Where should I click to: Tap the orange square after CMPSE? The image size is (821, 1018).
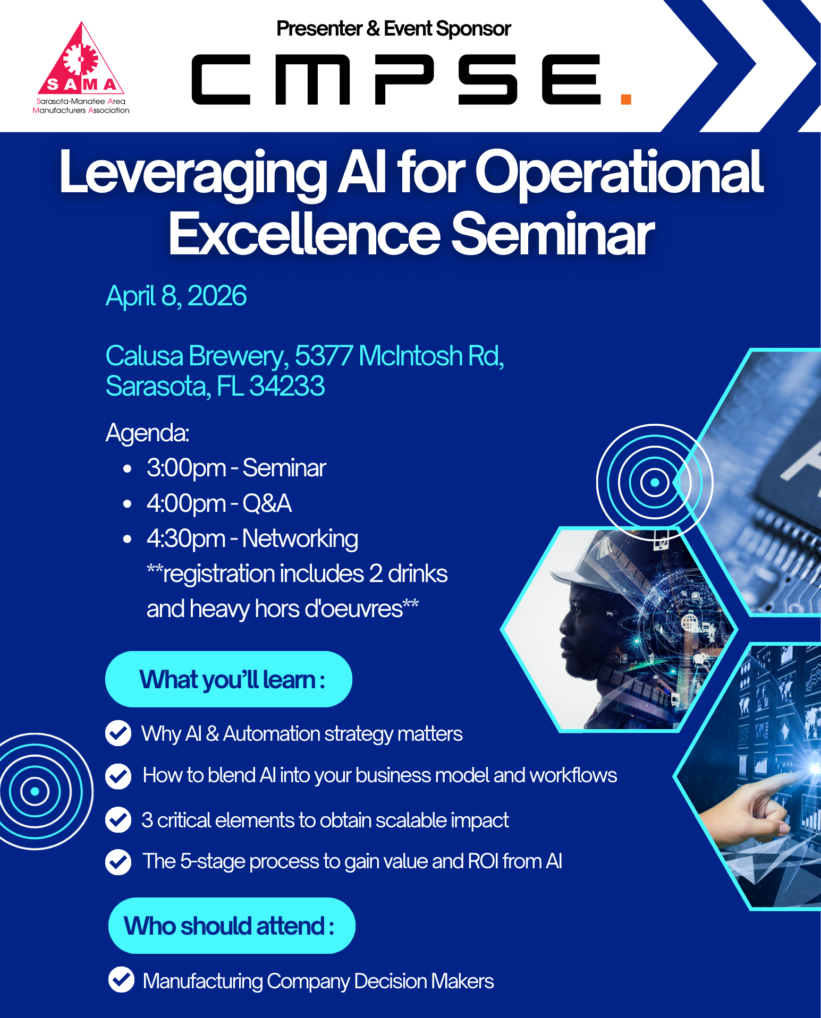point(625,99)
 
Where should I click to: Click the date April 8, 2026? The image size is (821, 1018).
point(176,296)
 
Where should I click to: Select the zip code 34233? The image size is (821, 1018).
point(287,386)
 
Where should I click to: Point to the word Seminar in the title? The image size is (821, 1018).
point(553,234)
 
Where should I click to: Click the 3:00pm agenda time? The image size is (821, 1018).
point(187,468)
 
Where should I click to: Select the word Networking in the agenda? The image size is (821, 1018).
point(300,538)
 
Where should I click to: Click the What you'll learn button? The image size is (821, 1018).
point(228,679)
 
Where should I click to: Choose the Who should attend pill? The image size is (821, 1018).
point(232,926)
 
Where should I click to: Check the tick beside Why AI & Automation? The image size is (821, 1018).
point(118,733)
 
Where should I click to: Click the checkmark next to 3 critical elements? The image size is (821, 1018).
point(118,819)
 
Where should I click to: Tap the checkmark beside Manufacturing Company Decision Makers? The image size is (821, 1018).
point(121,980)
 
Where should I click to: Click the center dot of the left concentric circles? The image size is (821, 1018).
point(35,791)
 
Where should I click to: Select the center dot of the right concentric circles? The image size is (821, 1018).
point(655,482)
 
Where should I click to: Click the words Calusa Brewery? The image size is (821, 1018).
point(194,356)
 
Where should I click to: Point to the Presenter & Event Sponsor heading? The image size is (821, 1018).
point(393,29)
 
